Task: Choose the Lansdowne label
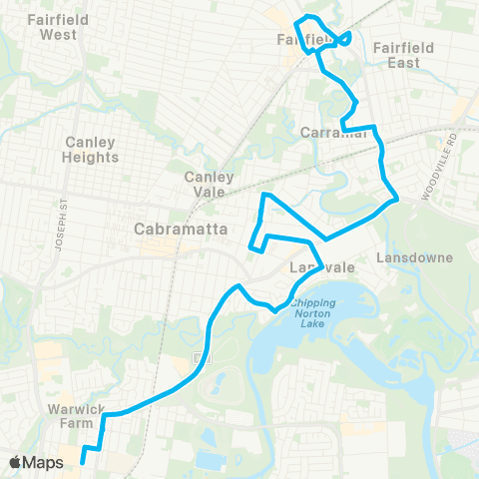pyautogui.click(x=415, y=257)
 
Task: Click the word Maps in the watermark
pyautogui.click(x=45, y=462)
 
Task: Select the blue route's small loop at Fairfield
pyautogui.click(x=341, y=39)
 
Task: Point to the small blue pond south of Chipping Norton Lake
pyautogui.click(x=211, y=461)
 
